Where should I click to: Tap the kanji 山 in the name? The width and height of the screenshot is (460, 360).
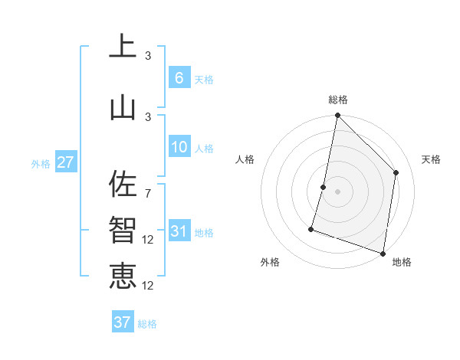coord(123,107)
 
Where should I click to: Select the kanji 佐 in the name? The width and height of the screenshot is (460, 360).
coord(123,185)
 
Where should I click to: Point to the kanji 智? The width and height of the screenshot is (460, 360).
coord(123,230)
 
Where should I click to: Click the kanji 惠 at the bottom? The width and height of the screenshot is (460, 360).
coord(123,275)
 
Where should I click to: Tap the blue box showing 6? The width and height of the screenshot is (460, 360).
coord(179,78)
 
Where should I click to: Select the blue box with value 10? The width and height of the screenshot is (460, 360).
coord(179,147)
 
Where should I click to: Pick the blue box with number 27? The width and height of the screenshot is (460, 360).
coord(65,162)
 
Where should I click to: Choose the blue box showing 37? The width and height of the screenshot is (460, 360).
coord(122,322)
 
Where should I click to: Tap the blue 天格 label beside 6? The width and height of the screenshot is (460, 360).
coord(204,80)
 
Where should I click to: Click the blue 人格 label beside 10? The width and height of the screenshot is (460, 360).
coord(204,149)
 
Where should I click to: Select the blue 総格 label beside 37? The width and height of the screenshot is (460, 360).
coord(147,324)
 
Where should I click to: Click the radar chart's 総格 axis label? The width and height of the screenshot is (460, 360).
coord(337,100)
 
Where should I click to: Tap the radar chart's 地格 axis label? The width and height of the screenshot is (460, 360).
coord(402,262)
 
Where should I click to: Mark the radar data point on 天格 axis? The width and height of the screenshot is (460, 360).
coord(396,172)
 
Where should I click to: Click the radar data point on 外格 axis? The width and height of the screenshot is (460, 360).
coord(311,228)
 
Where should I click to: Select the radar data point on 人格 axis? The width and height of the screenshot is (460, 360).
coord(324,187)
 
